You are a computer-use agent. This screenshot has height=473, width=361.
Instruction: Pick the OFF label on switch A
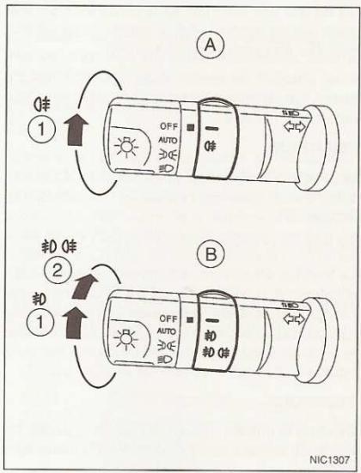pyautogui.click(x=168, y=127)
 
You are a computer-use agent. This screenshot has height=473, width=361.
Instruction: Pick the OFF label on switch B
pyautogui.click(x=168, y=317)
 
